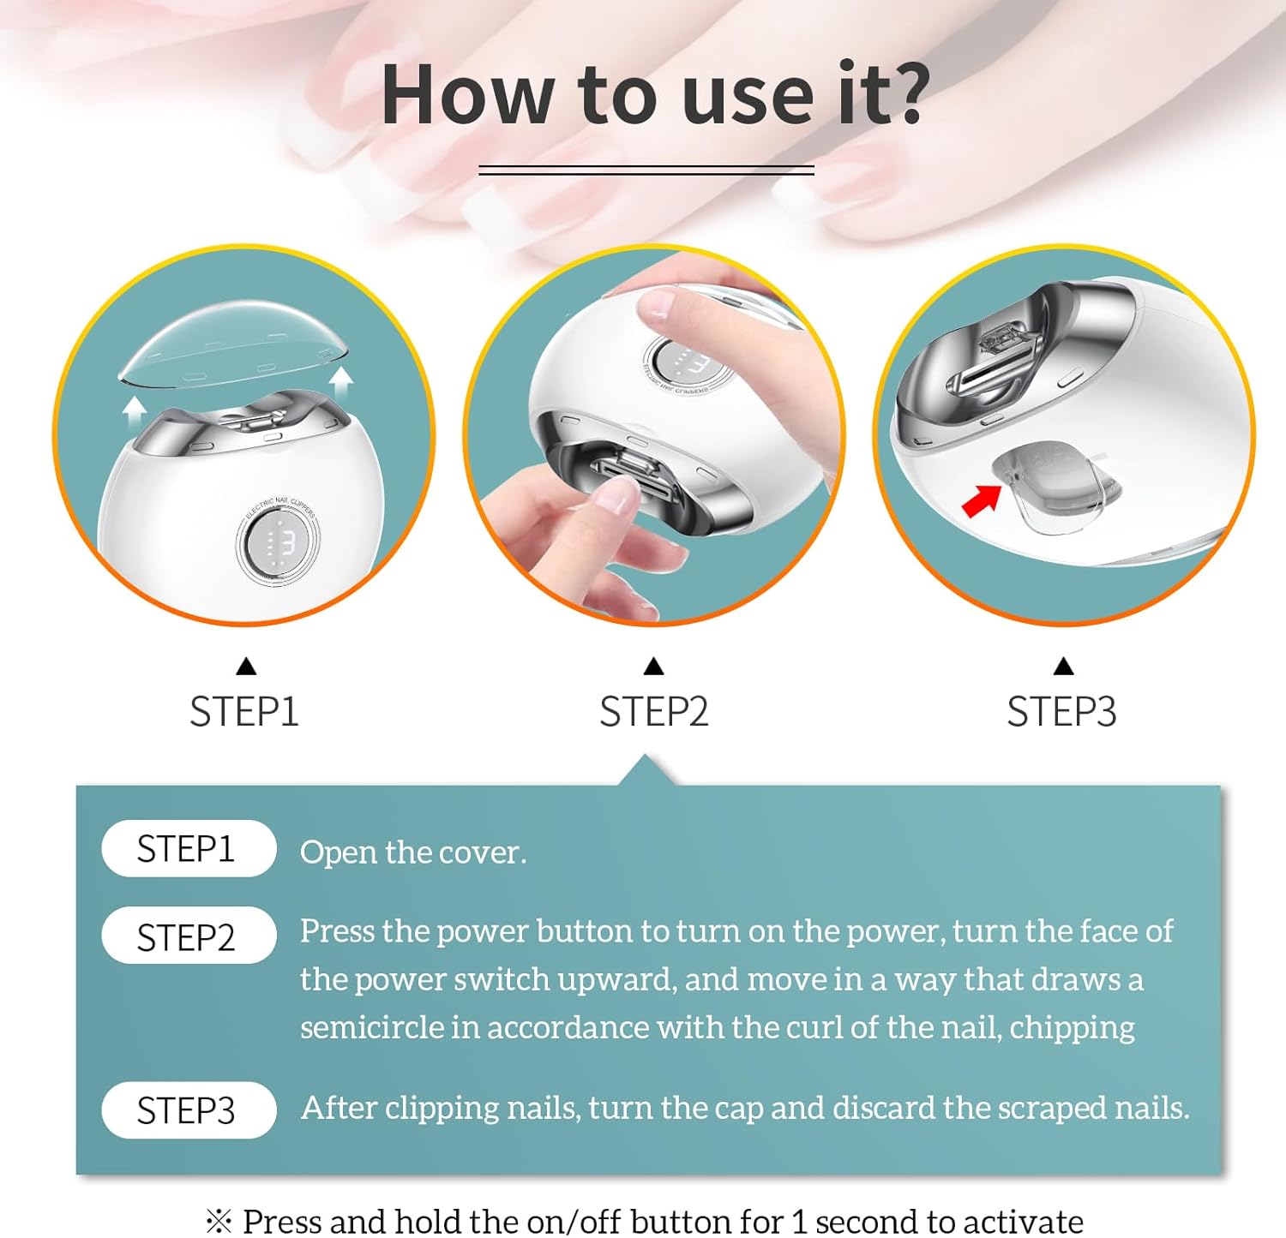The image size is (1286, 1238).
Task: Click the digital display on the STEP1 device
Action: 277,542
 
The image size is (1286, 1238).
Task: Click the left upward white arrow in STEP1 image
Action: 134,416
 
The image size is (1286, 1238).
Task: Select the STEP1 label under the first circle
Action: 244,712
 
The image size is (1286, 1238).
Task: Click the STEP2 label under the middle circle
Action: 653,712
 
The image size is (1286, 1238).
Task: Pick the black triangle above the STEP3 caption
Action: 1063,666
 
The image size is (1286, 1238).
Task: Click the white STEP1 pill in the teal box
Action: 189,849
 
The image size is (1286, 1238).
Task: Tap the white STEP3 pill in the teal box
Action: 189,1110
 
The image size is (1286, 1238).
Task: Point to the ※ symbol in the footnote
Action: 219,1220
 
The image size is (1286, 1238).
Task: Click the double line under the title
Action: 646,170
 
